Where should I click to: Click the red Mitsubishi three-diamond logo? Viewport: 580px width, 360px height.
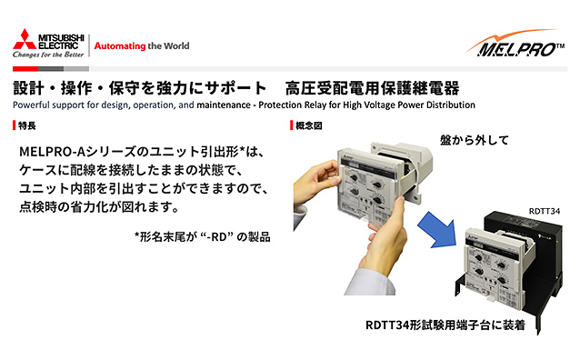25,40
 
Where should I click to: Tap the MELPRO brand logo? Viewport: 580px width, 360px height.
515,44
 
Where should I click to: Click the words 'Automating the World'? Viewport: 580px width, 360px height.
142,45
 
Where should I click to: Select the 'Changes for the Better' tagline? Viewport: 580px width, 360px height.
48,55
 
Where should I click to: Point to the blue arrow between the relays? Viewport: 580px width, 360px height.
437,229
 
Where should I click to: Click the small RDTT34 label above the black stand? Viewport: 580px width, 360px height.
545,211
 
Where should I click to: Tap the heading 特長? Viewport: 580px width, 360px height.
27,125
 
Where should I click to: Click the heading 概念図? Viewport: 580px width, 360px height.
309,125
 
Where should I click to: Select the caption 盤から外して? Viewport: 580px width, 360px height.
475,140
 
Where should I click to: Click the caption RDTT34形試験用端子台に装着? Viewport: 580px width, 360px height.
445,325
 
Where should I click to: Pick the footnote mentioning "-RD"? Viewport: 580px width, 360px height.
203,236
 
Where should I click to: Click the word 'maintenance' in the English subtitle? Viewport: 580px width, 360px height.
224,105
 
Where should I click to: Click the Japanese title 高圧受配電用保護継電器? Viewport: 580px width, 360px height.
372,88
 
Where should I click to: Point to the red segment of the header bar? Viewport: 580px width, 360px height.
25,69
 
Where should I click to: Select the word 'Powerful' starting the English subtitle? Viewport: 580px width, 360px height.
31,105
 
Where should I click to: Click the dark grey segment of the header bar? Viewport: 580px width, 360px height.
51,69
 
